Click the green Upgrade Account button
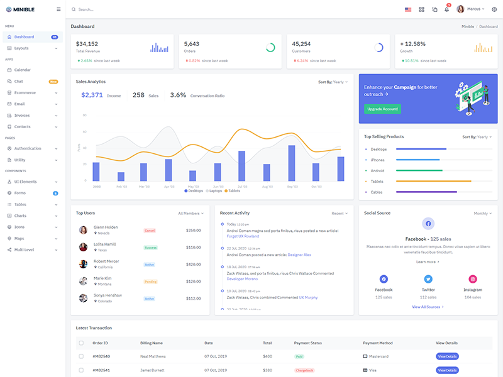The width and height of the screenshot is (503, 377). [382, 109]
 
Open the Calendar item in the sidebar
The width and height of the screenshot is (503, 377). [23, 70]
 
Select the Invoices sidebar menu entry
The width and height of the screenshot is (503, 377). [22, 115]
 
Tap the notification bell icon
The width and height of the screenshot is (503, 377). [447, 9]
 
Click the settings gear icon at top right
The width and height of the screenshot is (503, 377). [494, 9]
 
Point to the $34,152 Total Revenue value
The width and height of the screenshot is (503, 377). [87, 44]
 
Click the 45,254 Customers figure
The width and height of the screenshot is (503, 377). [301, 44]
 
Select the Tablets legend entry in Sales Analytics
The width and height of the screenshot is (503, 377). [232, 190]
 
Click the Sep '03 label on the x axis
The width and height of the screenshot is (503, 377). [292, 187]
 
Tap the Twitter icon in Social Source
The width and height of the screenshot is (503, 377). [428, 279]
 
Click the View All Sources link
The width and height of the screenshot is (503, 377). [428, 307]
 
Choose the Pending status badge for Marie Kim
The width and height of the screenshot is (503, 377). [150, 281]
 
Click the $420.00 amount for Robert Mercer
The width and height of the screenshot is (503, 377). [194, 265]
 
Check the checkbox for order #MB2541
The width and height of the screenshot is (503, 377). [80, 371]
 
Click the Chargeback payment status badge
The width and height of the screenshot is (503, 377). [304, 371]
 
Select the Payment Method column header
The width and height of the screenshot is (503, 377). [378, 343]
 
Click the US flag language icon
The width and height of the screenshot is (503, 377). [408, 9]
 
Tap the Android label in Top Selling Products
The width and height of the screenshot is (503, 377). [377, 170]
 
